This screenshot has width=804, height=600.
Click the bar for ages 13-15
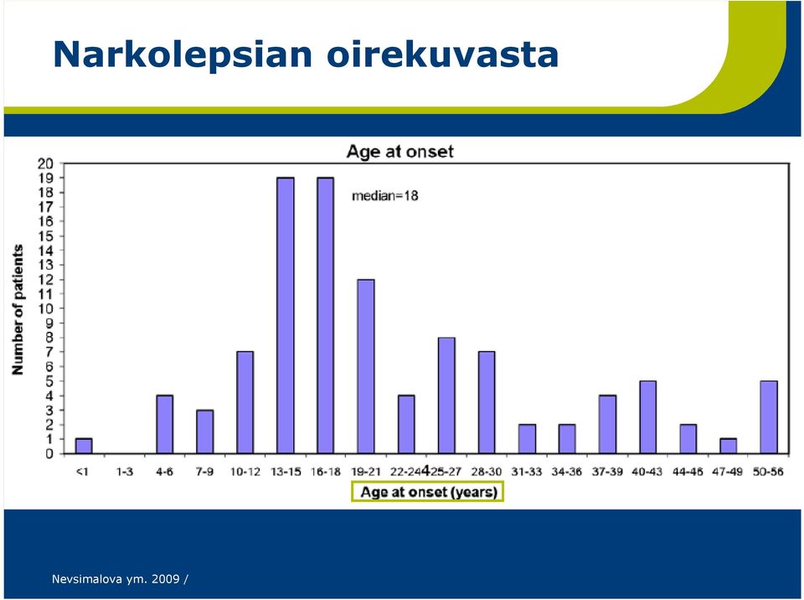(286, 315)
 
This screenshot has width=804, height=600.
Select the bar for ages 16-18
(326, 315)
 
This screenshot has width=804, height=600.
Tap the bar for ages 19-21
(366, 366)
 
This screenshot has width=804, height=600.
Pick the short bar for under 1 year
(84, 446)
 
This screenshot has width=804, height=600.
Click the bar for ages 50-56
(769, 417)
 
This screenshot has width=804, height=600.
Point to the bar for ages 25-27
(446, 396)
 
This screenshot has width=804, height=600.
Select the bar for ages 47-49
(728, 446)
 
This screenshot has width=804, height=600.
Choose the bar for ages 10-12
(245, 402)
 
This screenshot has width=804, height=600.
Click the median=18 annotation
(385, 195)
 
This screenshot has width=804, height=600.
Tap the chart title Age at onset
(400, 152)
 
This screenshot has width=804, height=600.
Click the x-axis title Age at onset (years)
(429, 492)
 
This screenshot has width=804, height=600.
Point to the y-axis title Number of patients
(18, 309)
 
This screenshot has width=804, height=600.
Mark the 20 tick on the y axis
(45, 163)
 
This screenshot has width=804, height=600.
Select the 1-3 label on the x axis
(124, 471)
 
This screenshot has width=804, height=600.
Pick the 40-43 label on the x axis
(647, 471)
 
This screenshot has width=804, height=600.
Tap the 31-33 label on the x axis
(527, 471)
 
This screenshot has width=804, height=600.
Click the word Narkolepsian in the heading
(183, 55)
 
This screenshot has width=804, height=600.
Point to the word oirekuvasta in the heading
(442, 54)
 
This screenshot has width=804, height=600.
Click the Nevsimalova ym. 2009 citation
(116, 579)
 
